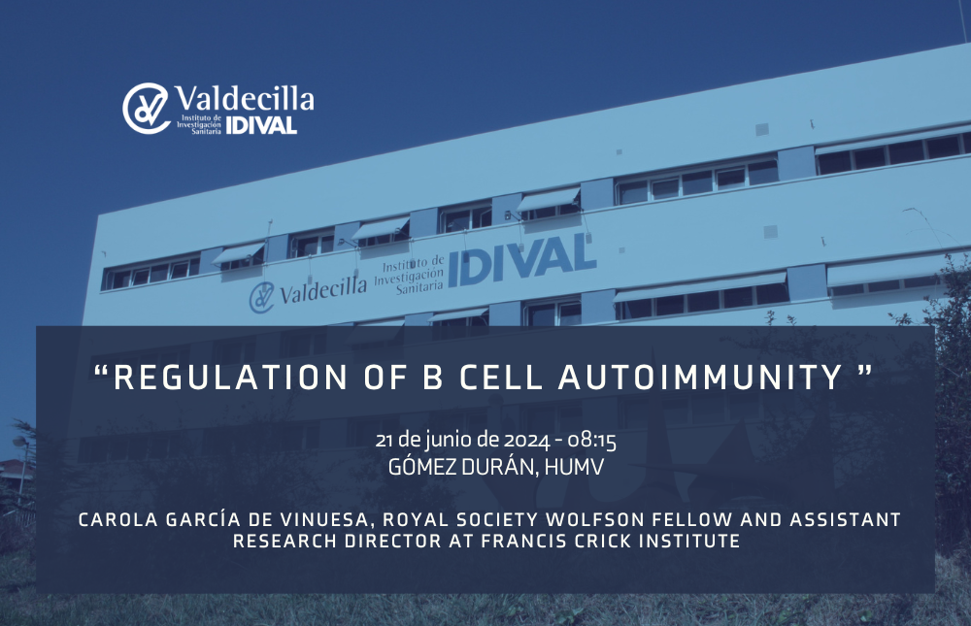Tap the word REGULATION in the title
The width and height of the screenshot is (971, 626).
[x=231, y=378]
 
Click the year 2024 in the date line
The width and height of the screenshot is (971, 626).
[x=526, y=441]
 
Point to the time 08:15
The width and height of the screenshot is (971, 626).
[x=592, y=441]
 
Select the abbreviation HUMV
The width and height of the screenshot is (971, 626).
[x=574, y=467]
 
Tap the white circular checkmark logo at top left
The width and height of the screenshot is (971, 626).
[x=147, y=109]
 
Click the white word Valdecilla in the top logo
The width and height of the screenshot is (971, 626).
[x=244, y=98]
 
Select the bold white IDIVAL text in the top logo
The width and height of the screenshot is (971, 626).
[x=261, y=125]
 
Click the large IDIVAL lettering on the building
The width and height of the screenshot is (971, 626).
[x=521, y=260]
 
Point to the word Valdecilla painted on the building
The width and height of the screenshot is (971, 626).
[x=322, y=290]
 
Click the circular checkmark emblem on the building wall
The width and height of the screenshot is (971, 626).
[x=261, y=298]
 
